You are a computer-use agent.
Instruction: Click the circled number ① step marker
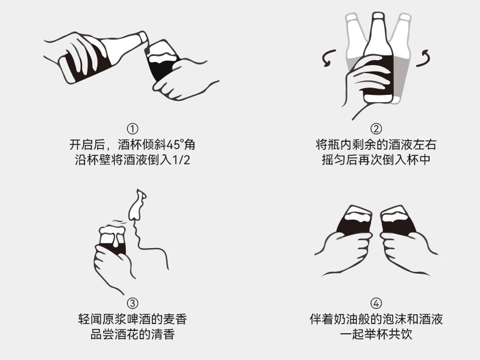pyautogui.click(x=132, y=129)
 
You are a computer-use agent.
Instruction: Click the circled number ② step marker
pyautogui.click(x=376, y=129)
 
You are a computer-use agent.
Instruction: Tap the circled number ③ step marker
pyautogui.click(x=132, y=303)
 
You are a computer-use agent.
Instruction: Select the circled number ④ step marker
pyautogui.click(x=376, y=303)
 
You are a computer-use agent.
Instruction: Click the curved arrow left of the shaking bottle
pyautogui.click(x=329, y=58)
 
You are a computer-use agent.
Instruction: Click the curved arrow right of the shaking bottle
pyautogui.click(x=423, y=58)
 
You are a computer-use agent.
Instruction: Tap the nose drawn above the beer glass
pyautogui.click(x=137, y=205)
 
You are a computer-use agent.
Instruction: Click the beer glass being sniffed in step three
pyautogui.click(x=112, y=241)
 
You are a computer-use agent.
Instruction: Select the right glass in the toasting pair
pyautogui.click(x=397, y=221)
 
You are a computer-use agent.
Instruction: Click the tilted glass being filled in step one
pyautogui.click(x=162, y=60)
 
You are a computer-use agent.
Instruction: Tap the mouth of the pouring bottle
pyautogui.click(x=143, y=37)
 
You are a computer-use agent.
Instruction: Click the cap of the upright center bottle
pyautogui.click(x=378, y=15)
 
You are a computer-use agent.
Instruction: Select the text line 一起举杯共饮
pyautogui.click(x=376, y=334)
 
